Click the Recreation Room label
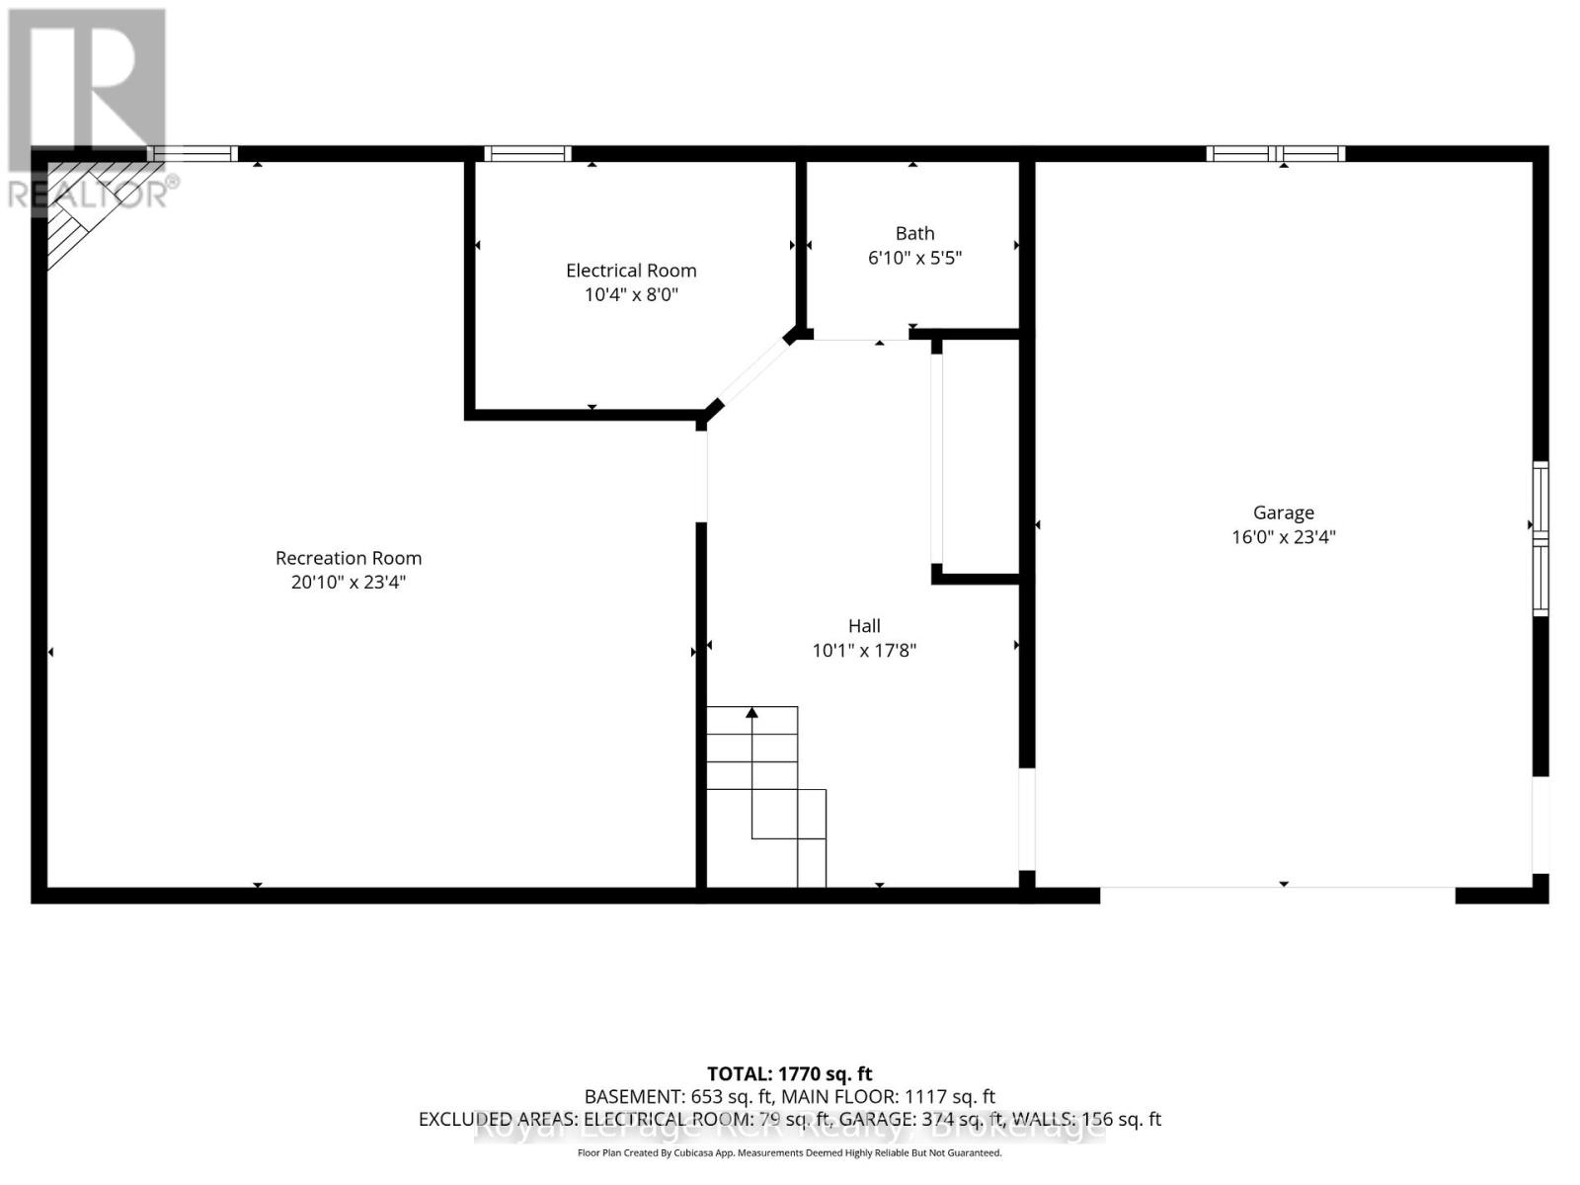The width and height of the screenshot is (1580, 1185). point(348,558)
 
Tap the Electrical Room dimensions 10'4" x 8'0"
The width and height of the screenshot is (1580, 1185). point(631,294)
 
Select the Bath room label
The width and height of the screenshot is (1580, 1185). point(914,233)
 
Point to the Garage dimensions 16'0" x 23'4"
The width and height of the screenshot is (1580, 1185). point(1283,537)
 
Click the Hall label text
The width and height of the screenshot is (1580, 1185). point(864,625)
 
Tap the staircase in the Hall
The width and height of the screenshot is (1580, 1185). point(764,795)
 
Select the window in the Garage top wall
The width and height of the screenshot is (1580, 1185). point(1275,153)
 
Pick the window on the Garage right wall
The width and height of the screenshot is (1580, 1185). point(1540,538)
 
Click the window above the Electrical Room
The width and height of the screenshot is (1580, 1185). point(527,153)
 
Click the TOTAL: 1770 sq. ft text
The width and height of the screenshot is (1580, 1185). point(789,1073)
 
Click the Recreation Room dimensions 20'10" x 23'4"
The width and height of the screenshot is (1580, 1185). point(348,583)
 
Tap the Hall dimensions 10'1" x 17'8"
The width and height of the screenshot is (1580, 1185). point(864,650)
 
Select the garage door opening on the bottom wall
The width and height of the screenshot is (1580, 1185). point(1277,894)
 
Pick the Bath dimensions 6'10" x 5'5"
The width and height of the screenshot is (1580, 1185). point(914,259)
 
